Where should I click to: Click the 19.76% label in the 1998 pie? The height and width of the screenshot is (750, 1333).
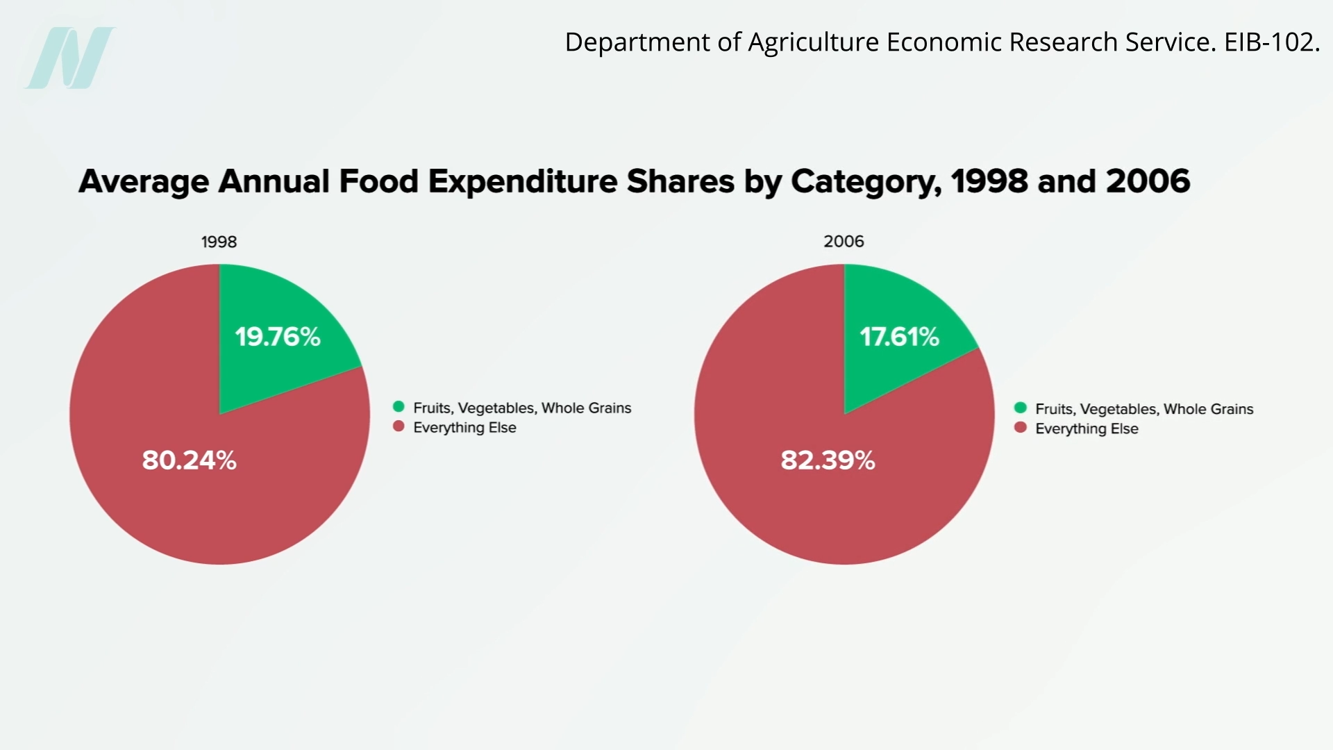[x=278, y=337]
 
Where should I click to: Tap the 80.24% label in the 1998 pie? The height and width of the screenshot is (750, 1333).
[x=190, y=460]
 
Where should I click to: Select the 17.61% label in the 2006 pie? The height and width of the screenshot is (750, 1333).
[x=899, y=337]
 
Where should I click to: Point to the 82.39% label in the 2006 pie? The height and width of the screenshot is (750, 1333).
[x=828, y=460]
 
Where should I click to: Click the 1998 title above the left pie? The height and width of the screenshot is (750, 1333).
[x=219, y=242]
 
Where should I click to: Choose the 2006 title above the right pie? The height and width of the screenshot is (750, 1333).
[x=844, y=242]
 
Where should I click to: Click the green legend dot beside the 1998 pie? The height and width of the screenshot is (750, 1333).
[x=399, y=407]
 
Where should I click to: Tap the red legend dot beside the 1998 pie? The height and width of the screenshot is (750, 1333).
[x=399, y=426]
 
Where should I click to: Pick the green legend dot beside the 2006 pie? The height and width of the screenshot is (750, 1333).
[x=1021, y=408]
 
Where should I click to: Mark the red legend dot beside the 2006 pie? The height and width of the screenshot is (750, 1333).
[x=1021, y=427]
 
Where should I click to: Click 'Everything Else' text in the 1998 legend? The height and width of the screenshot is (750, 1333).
[x=464, y=428]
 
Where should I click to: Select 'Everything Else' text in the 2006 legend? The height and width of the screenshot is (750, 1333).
[x=1087, y=429]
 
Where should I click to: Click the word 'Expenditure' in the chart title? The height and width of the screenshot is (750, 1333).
[x=523, y=181]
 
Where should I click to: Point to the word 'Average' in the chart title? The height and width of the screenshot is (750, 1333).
[x=144, y=182]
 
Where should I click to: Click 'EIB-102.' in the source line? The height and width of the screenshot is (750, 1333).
[x=1271, y=42]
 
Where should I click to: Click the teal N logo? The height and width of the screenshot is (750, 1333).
[x=70, y=58]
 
